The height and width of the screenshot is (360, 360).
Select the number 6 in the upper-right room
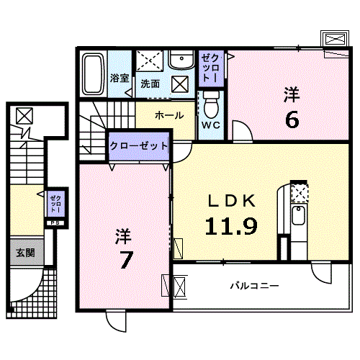coord(291,119)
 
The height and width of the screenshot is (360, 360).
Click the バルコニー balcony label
coord(254,286)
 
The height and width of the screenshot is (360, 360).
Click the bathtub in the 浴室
coord(93,74)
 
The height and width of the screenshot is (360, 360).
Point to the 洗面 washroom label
coord(150,83)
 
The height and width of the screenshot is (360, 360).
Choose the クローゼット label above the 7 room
coord(139,145)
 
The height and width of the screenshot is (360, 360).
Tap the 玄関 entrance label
coord(26,253)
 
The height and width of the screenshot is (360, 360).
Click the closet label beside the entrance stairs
coord(56,203)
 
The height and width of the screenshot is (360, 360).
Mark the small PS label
coord(55,222)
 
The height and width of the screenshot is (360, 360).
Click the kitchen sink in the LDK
coord(297,215)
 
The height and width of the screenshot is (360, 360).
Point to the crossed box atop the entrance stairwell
coord(24,115)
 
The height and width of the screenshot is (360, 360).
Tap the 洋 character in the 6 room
coord(291,94)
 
